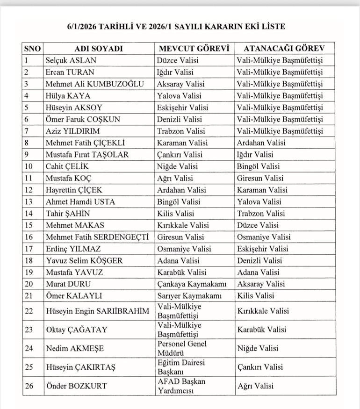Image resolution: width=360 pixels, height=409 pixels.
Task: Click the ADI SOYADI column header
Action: click(98, 49)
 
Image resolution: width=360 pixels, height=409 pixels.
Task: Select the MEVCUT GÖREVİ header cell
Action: click(193, 49)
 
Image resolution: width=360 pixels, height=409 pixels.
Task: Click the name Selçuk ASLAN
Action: click(71, 60)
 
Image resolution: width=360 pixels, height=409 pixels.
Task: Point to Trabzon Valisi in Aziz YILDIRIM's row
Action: click(181, 131)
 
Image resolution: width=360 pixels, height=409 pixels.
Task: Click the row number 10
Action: click(29, 166)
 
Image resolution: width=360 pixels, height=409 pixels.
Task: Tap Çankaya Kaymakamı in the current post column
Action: click(192, 284)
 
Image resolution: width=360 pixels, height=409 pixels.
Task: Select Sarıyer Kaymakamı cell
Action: click(189, 295)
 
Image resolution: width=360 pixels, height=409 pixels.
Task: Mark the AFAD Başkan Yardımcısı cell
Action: click(181, 386)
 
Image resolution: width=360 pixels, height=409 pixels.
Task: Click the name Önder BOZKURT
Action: click(76, 386)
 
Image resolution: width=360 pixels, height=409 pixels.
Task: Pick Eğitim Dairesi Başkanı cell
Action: click(181, 367)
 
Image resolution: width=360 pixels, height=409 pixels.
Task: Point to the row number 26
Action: click(29, 386)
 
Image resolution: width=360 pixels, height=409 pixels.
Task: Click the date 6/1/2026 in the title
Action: click(82, 27)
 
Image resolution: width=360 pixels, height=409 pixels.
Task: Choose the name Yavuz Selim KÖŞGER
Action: click(84, 260)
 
